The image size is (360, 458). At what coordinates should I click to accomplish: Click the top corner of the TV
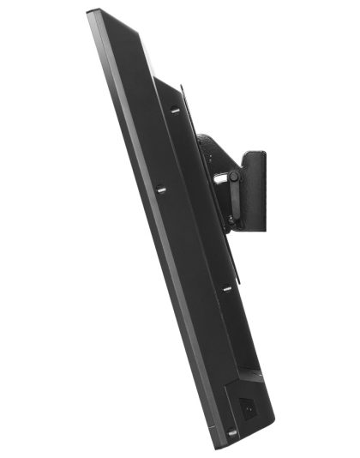pyautogui.click(x=91, y=12)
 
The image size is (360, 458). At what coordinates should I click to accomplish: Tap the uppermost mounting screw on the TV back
pyautogui.click(x=174, y=109)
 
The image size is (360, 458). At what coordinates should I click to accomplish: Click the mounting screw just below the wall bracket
pyautogui.click(x=227, y=288)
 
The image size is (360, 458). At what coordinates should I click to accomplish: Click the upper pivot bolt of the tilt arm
pyautogui.click(x=232, y=178)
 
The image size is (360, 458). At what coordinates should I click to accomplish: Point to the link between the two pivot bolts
pyautogui.click(x=231, y=198)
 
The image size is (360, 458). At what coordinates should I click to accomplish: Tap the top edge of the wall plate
pyautogui.click(x=255, y=153)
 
